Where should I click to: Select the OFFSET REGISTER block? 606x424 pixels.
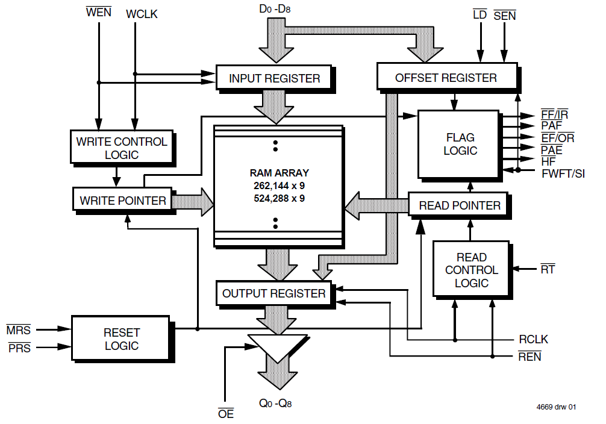[446, 78]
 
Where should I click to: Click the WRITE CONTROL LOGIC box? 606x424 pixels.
[122, 148]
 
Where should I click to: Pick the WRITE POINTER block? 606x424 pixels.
[123, 201]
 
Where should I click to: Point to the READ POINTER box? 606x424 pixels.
[460, 205]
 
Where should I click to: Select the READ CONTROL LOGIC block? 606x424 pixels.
[471, 270]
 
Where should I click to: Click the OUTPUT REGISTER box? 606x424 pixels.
[274, 293]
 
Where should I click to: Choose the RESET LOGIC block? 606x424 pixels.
[122, 339]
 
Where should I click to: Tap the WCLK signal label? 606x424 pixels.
[142, 14]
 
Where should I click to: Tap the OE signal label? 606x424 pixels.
[225, 414]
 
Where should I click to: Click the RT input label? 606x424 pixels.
[548, 269]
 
